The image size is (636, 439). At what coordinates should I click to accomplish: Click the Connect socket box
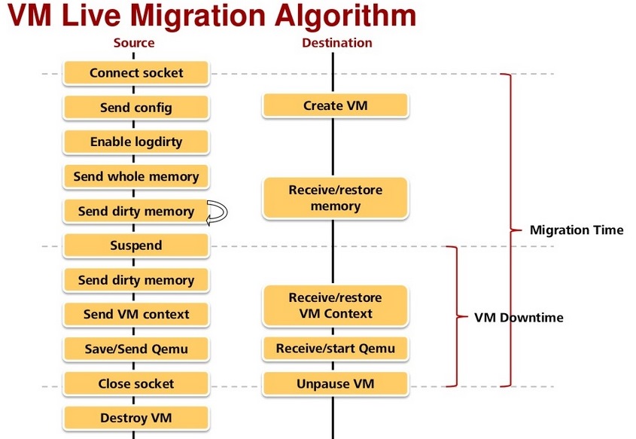pyautogui.click(x=136, y=73)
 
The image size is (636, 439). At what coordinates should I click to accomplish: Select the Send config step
pyautogui.click(x=136, y=108)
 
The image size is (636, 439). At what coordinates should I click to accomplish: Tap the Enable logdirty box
pyautogui.click(x=136, y=142)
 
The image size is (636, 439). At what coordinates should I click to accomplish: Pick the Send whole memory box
pyautogui.click(x=136, y=177)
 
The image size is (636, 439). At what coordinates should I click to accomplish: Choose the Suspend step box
pyautogui.click(x=136, y=245)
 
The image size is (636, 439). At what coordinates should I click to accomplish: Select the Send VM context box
pyautogui.click(x=136, y=314)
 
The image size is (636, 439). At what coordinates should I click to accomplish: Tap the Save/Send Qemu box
pyautogui.click(x=136, y=349)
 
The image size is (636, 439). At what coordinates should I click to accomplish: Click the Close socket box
pyautogui.click(x=136, y=383)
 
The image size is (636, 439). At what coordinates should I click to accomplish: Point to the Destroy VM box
pyautogui.click(x=136, y=418)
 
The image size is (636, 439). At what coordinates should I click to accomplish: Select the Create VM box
pyautogui.click(x=335, y=106)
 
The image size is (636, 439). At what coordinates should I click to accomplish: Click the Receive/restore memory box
pyautogui.click(x=335, y=198)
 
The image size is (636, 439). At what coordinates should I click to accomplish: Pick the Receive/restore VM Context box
pyautogui.click(x=335, y=306)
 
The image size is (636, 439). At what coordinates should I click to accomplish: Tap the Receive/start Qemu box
pyautogui.click(x=335, y=349)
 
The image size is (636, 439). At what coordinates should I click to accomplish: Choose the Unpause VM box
pyautogui.click(x=335, y=384)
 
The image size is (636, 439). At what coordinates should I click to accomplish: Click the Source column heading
pyautogui.click(x=134, y=43)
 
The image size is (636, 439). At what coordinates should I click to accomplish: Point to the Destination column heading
pyautogui.click(x=336, y=43)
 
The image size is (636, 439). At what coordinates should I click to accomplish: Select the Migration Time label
pyautogui.click(x=577, y=230)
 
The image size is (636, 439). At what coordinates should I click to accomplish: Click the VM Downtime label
pyautogui.click(x=519, y=317)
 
